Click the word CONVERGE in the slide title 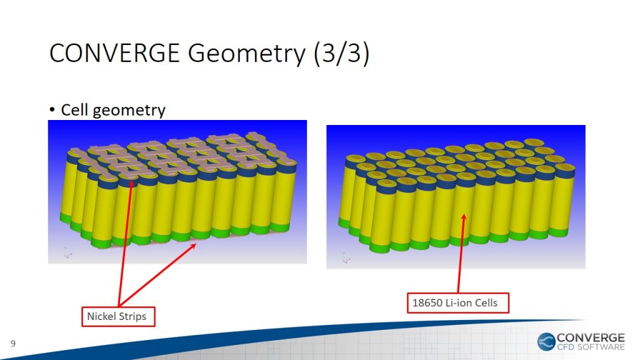pos(115,53)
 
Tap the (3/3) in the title pos(342,54)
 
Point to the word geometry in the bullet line pos(129,111)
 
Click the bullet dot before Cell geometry pos(52,109)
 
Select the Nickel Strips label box pos(118,316)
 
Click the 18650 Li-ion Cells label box pos(458,303)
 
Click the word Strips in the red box pos(133,317)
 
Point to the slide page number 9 pos(13,344)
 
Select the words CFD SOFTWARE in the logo pos(591,347)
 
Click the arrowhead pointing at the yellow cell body pos(463,217)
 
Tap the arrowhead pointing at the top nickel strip pos(131,184)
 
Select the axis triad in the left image pos(67,253)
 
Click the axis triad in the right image pos(346,257)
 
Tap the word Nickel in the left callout pos(102,316)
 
